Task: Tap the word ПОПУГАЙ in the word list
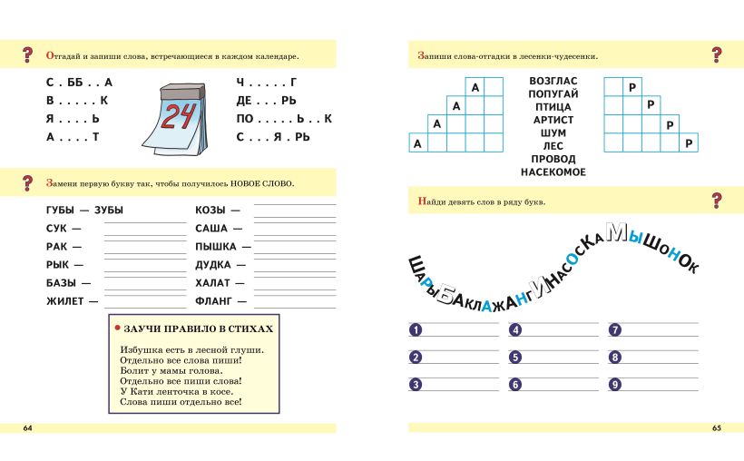coord(553,93)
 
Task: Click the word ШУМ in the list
coord(553,132)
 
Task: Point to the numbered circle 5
coord(514,357)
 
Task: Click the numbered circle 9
coord(614,384)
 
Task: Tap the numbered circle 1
coord(416,330)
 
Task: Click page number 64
coord(27,427)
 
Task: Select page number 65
coord(716,427)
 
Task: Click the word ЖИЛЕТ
coord(64,300)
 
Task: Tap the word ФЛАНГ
coord(214,300)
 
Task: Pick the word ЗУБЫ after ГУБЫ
coord(108,211)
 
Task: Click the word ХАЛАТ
coord(213,282)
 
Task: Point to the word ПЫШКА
coord(216,246)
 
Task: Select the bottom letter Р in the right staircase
coord(690,143)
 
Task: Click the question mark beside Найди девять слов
coord(717,201)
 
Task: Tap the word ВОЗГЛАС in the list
coord(553,81)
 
